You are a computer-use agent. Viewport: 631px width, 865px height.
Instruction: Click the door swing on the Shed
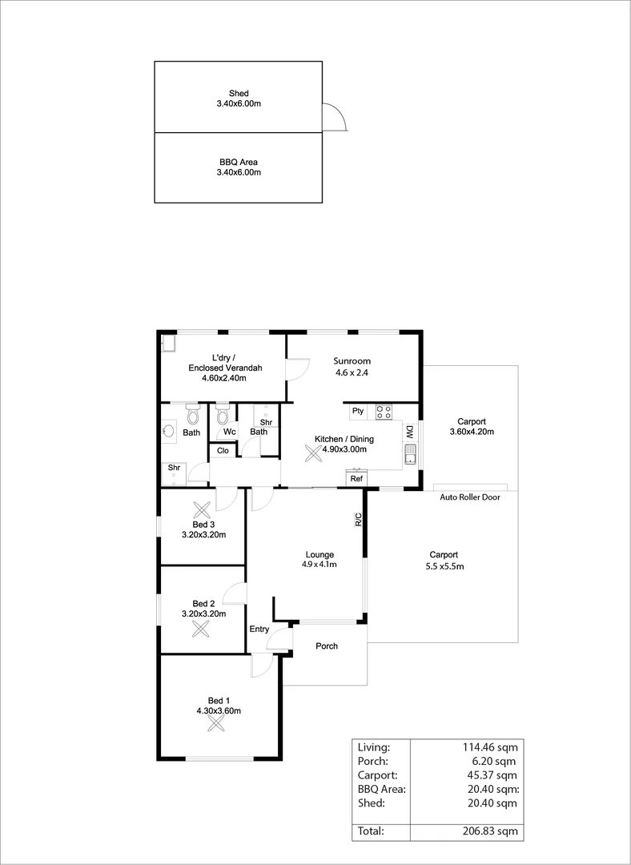[x=334, y=117]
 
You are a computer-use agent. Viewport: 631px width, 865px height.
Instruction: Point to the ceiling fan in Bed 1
[x=215, y=724]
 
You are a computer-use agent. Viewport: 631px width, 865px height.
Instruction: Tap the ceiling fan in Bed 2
[x=200, y=628]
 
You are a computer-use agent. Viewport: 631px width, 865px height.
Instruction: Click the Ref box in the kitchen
[x=356, y=478]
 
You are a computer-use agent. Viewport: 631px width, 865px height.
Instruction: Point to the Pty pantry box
[x=358, y=412]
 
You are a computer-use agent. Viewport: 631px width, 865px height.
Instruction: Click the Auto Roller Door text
[x=470, y=497]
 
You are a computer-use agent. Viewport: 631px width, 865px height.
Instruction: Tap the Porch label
[x=327, y=646]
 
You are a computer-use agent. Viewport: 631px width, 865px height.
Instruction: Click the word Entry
[x=259, y=630]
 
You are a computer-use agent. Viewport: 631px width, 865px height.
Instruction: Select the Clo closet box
[x=222, y=451]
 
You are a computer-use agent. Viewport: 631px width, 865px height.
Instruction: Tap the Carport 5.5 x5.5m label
[x=444, y=560]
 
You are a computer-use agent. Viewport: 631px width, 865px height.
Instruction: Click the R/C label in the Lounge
[x=359, y=519]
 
